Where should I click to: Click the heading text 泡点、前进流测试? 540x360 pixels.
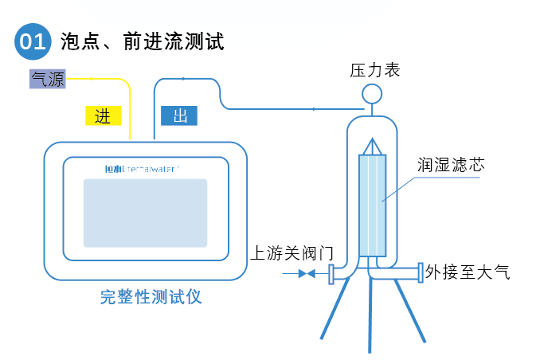click(x=143, y=41)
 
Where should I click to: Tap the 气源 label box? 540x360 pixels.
click(x=47, y=78)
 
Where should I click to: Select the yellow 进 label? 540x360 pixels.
click(x=103, y=115)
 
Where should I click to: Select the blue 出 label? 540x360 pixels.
click(x=179, y=115)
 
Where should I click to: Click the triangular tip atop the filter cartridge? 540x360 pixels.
click(x=372, y=147)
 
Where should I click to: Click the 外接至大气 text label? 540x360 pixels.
click(x=467, y=272)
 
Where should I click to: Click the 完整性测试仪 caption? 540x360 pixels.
click(x=151, y=298)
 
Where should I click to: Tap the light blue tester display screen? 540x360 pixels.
click(x=145, y=212)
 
